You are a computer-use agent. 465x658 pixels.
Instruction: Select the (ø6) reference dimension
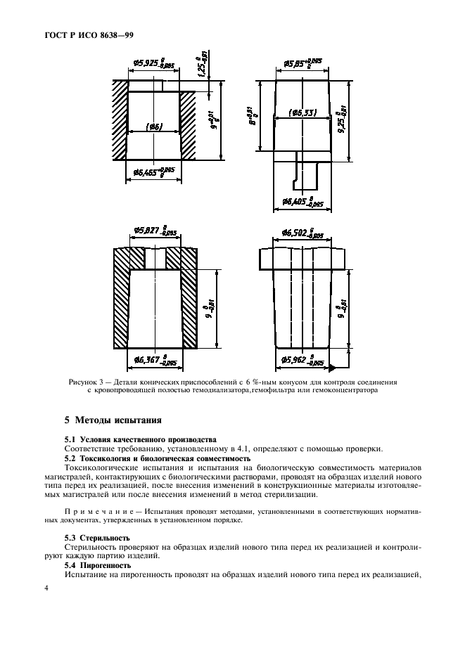pyautogui.click(x=155, y=127)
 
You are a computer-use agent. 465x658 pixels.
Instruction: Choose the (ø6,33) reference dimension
pyautogui.click(x=302, y=112)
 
